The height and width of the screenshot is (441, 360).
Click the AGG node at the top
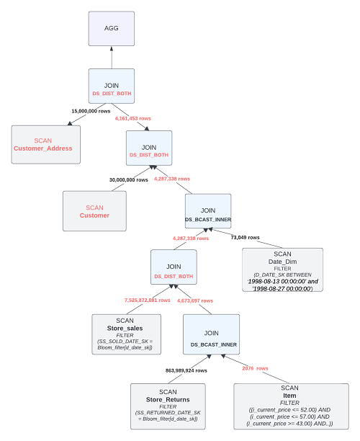point(111,30)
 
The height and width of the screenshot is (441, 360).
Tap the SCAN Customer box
point(94,211)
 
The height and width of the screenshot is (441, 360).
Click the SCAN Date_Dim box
point(282,269)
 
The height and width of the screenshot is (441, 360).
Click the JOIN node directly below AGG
point(111,89)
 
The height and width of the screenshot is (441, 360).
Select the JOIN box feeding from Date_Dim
point(208,213)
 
